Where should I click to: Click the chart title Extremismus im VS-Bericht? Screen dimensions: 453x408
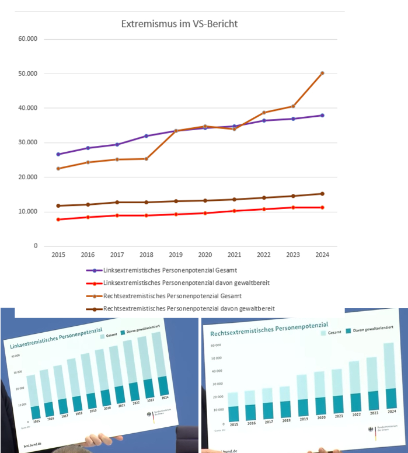point(179,24)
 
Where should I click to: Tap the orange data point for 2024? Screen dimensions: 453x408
point(322,74)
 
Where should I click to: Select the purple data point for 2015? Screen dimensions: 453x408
point(58,154)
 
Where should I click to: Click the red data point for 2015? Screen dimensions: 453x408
point(58,219)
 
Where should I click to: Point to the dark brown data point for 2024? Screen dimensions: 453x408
point(322,194)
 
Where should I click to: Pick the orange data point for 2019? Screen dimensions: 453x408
point(175,131)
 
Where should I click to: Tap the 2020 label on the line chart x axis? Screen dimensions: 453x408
point(204,255)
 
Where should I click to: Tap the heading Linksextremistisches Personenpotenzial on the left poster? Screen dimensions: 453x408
point(51,346)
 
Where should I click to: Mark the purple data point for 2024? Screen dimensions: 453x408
point(322,116)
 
